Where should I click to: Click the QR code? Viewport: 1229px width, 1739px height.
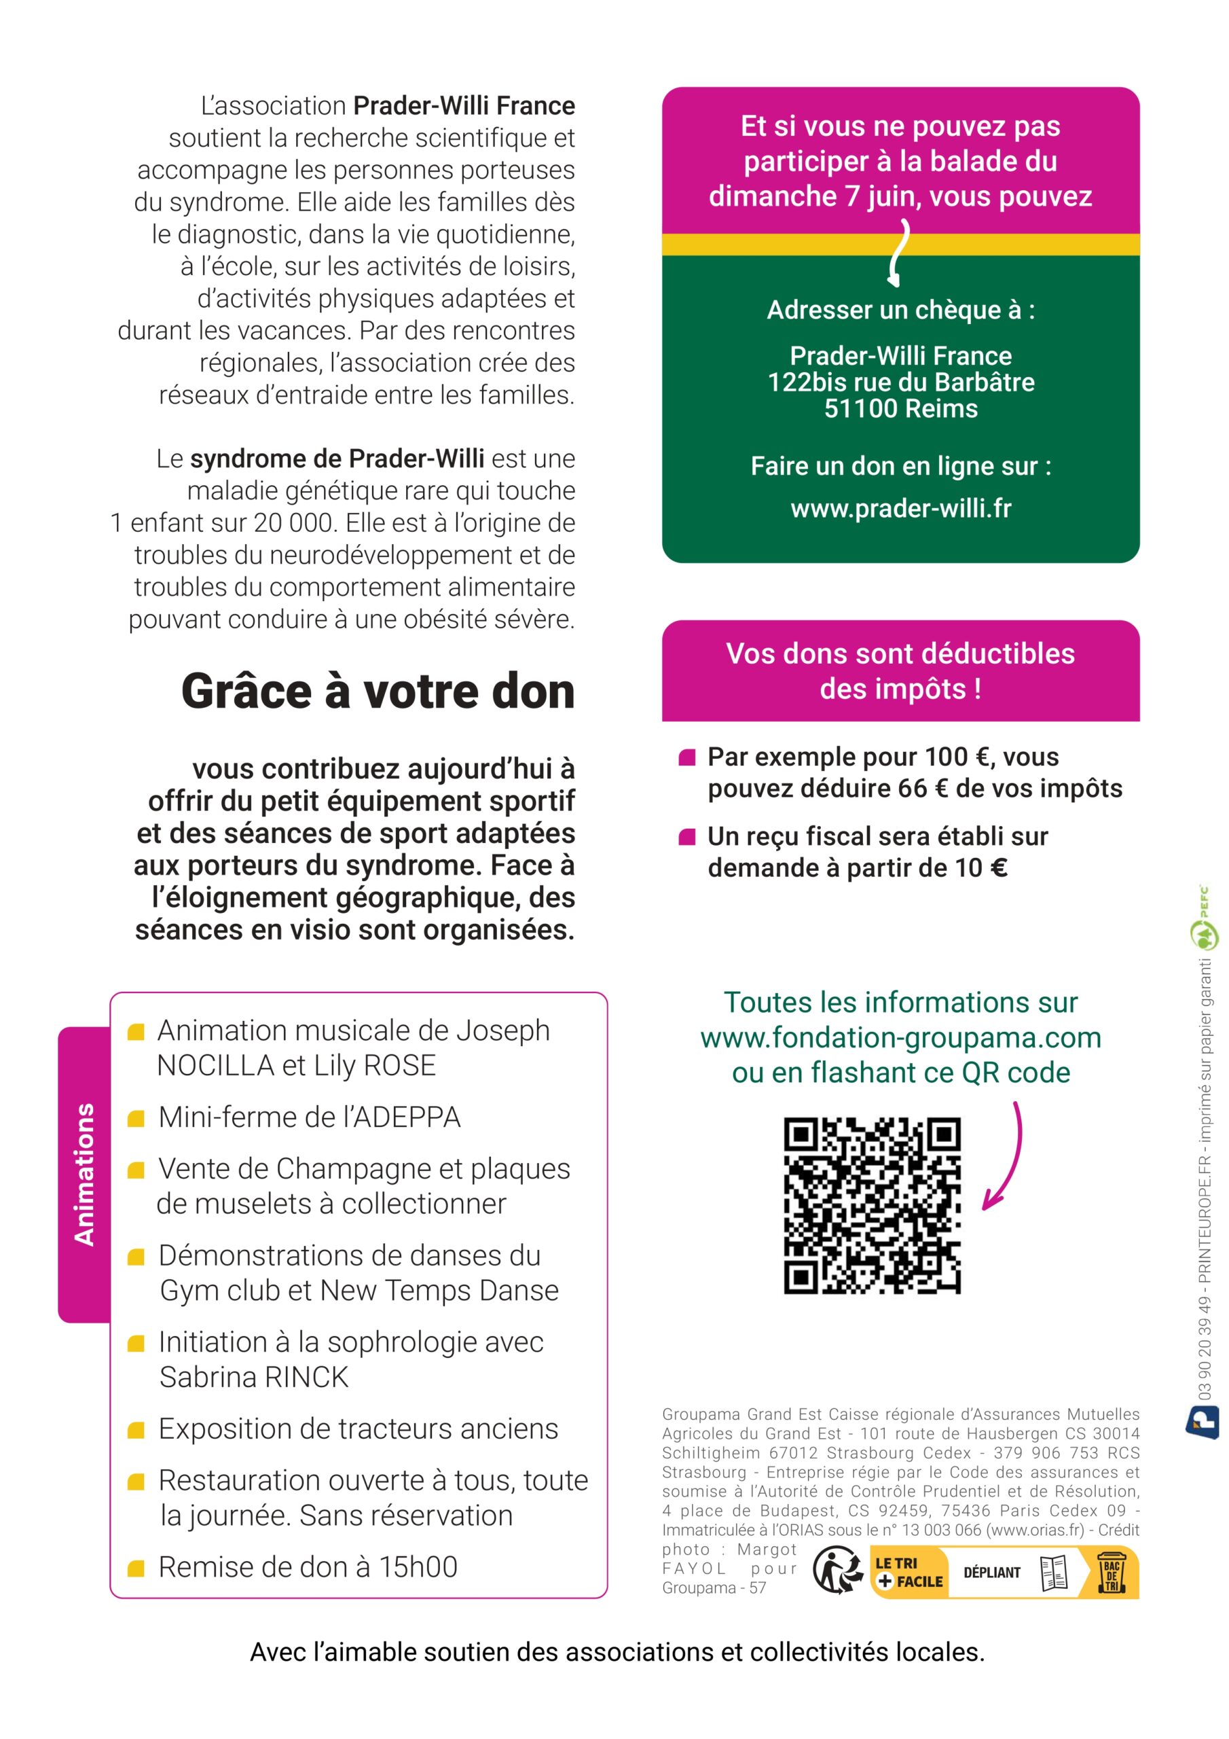coord(872,1205)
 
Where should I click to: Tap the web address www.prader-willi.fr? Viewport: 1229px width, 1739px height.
coord(900,508)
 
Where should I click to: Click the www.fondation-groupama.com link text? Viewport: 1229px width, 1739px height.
coord(900,1037)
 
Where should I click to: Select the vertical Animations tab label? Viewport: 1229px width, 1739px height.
coord(84,1174)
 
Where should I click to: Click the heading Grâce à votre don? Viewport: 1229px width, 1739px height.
coord(378,691)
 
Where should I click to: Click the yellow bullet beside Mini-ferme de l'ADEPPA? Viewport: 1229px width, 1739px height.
coord(136,1118)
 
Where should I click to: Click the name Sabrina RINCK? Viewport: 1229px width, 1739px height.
coord(254,1377)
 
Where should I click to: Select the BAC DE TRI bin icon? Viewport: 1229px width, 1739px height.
coord(1111,1573)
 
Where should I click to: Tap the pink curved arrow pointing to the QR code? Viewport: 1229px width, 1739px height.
coord(1006,1155)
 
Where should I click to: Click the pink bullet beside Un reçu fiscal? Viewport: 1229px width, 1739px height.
coord(687,837)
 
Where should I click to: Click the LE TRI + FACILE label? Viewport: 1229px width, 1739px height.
coord(908,1573)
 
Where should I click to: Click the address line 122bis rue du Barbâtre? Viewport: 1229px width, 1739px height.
coord(900,382)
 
